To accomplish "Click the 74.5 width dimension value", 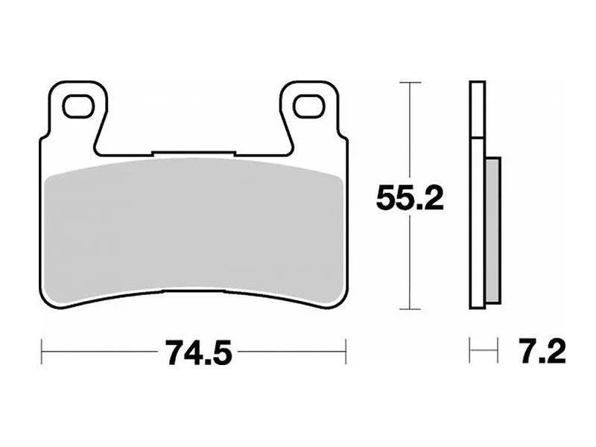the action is point(198,352).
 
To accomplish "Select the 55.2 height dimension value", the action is point(409,197).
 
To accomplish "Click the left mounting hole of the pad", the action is point(78,106).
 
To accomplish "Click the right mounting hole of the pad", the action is point(309,106).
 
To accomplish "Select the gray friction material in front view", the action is point(194,228).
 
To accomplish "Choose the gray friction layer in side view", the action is point(493,230).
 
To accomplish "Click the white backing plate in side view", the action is point(478,194).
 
